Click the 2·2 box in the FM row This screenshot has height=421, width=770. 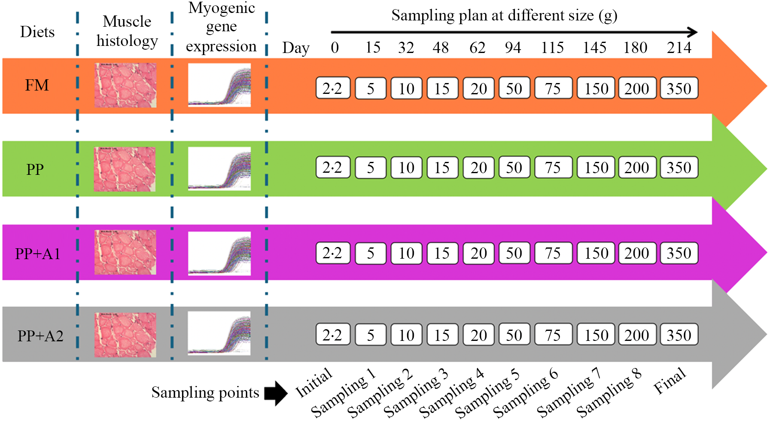point(332,88)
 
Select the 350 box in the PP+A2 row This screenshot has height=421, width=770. point(679,335)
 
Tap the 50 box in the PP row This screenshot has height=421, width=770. point(514,167)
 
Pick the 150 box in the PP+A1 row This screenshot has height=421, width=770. point(596,253)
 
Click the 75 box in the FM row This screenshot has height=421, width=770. point(553,88)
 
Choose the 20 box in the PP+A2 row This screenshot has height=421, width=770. point(479,335)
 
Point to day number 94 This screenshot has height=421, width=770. point(513,48)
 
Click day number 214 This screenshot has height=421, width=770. point(679,48)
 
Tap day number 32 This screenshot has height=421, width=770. point(406,48)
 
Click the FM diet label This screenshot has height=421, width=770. point(37,86)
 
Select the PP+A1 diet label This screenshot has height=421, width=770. point(38,254)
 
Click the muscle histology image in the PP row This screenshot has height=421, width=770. point(125,169)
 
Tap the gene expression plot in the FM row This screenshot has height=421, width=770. point(220,85)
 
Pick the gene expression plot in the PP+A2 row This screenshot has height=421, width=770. point(220,333)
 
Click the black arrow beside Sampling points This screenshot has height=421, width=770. point(276,393)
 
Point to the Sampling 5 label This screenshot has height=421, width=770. point(487,394)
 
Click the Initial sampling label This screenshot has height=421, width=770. point(314,383)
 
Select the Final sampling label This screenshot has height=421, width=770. point(670,381)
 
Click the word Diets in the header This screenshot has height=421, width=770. point(37,32)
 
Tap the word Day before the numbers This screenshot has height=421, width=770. point(296,48)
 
